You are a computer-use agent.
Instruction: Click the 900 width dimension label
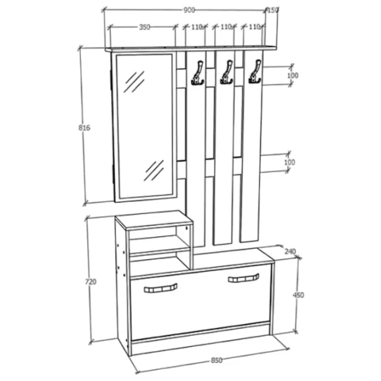pyautogui.click(x=189, y=10)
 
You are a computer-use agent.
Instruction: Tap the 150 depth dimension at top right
pyautogui.click(x=272, y=10)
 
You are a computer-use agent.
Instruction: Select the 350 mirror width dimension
pyautogui.click(x=145, y=27)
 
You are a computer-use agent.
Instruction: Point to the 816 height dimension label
pyautogui.click(x=84, y=128)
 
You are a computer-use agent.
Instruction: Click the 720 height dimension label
pyautogui.click(x=91, y=281)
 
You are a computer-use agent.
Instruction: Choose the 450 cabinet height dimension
pyautogui.click(x=298, y=295)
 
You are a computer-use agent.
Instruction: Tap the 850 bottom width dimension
pyautogui.click(x=217, y=360)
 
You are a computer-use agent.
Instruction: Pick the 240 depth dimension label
pyautogui.click(x=290, y=251)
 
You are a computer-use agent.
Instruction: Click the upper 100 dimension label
pyautogui.click(x=293, y=76)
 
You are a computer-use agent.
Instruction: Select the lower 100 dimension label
pyautogui.click(x=290, y=162)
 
